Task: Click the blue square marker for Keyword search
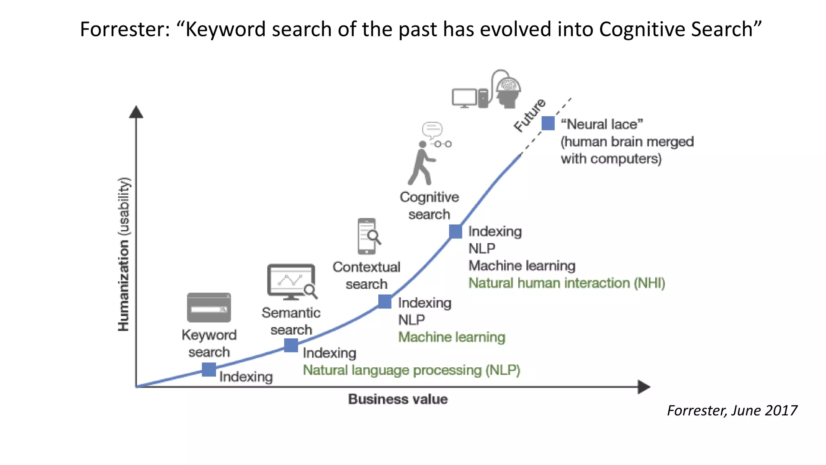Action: coord(209,369)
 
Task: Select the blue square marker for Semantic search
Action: coord(291,345)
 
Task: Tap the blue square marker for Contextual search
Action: coord(385,302)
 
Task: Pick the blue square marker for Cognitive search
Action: coord(455,231)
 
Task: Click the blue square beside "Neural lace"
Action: coord(548,123)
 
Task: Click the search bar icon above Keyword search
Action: coord(209,308)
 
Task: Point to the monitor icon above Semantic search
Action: coord(291,282)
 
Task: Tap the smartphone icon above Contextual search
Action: coord(367,236)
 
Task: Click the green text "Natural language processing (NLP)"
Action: coord(411,370)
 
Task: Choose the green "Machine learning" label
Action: coord(452,337)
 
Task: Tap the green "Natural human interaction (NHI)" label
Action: coord(567,283)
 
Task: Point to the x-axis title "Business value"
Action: coord(398,399)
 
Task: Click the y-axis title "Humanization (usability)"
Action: coord(124,254)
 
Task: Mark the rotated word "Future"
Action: coord(530,115)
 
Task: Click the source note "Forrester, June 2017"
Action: coord(732,411)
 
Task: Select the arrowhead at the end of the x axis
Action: coord(644,387)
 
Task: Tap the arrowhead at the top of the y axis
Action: coord(136,112)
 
